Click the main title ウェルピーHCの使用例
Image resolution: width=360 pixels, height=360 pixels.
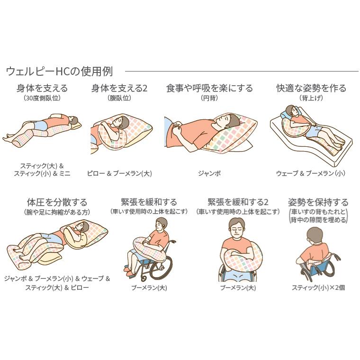pos(59,71)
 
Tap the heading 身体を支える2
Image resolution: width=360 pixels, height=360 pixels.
pos(119,88)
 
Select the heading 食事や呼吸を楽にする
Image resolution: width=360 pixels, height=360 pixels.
pos(209,88)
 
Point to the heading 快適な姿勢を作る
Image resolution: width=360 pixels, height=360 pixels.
pos(311,88)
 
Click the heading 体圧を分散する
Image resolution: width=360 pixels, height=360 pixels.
pos(57,202)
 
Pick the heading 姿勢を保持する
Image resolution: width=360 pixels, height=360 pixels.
pos(318,202)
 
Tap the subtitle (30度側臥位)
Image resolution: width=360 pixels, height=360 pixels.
pos(42,98)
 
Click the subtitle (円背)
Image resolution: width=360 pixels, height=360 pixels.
pos(209,98)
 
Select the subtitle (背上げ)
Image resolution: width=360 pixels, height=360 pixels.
pos(311,98)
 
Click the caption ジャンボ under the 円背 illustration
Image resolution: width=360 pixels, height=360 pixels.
pos(209,173)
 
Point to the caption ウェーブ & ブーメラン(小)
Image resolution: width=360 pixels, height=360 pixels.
pos(311,173)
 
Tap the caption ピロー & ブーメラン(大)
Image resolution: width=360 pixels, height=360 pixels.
pos(119,173)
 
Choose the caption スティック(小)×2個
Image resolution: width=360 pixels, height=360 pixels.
pos(318,288)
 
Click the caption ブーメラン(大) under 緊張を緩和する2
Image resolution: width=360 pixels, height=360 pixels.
pos(238,288)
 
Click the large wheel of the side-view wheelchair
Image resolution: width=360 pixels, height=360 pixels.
pos(161,267)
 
